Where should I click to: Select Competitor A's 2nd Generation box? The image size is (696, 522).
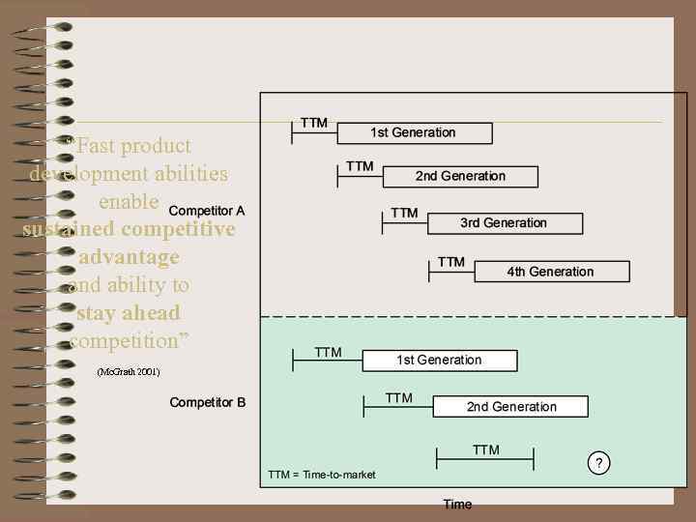[x=460, y=176]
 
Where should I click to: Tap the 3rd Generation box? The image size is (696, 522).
[x=503, y=223]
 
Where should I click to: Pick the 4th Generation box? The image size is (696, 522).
[x=550, y=272]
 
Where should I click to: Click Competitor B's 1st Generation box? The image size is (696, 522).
[x=439, y=360]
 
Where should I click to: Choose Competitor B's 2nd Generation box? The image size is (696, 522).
[x=510, y=406]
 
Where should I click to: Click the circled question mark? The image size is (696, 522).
[x=599, y=464]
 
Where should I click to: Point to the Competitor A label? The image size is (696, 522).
[x=207, y=210]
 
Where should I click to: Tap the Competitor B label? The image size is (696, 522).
[x=207, y=402]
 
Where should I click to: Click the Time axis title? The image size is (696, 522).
[x=457, y=504]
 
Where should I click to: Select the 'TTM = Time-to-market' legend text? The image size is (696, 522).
[x=322, y=475]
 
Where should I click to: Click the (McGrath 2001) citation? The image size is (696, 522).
[x=129, y=372]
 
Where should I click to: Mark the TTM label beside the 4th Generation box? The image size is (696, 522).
[x=450, y=262]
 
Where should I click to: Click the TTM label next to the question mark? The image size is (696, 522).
[x=485, y=449]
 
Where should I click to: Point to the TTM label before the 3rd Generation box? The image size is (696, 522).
[x=404, y=213]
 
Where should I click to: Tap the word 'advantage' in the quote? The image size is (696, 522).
[x=129, y=257]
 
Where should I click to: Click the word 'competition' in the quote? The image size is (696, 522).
[x=129, y=341]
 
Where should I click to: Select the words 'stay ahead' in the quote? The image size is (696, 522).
[x=129, y=313]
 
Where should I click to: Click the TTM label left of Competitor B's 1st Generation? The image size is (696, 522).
[x=328, y=353]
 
